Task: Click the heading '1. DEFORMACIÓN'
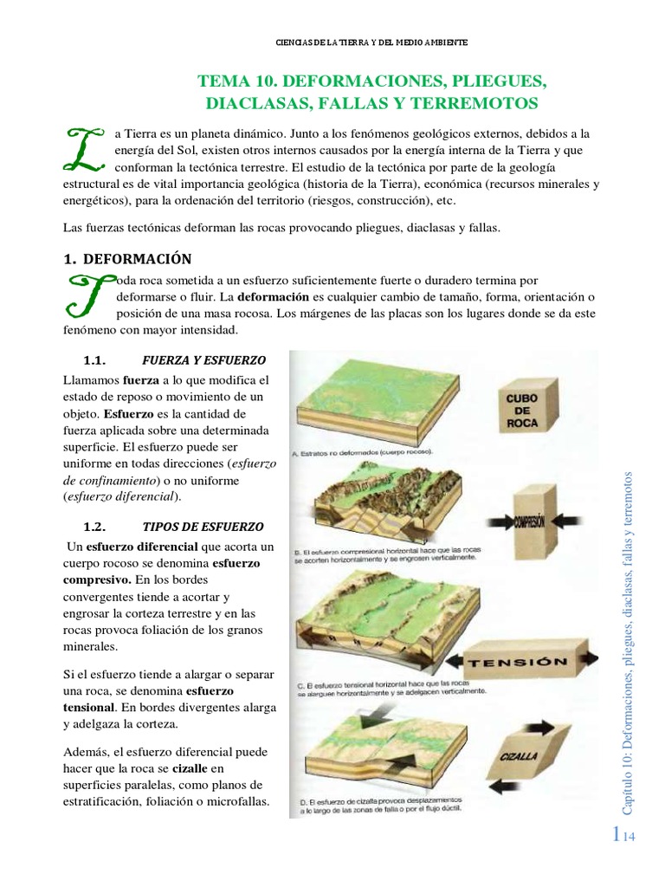coord(128,259)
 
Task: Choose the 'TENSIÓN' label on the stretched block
coord(518,663)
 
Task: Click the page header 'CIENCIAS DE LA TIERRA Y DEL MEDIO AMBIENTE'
coord(372,42)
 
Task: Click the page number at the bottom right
coord(623,835)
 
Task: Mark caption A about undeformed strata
coord(364,452)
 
